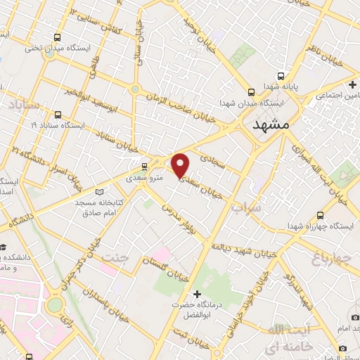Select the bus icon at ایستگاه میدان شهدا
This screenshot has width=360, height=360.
point(251,91)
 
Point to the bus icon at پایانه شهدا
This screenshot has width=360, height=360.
point(281,76)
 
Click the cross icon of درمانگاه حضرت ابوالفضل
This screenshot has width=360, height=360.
point(197,293)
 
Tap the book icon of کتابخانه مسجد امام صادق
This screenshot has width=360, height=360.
point(98,192)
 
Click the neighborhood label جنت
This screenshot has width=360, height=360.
point(117,257)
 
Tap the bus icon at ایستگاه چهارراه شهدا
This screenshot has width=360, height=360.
point(321,215)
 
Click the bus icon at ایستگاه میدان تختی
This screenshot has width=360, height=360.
point(56,37)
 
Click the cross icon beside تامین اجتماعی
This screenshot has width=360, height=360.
point(352,84)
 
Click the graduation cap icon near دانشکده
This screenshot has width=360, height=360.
point(4,247)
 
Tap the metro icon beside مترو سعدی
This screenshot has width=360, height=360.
point(144,167)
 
